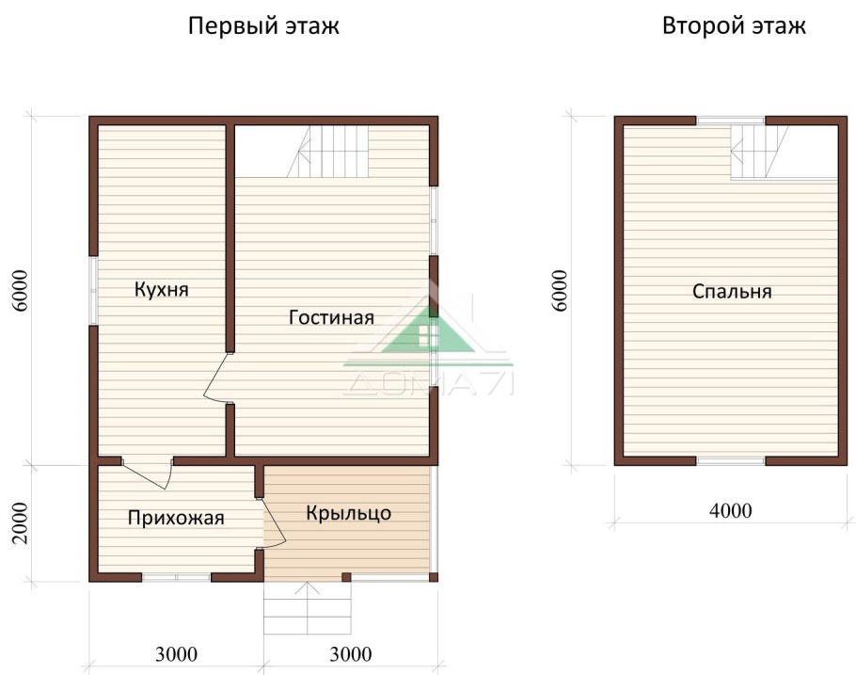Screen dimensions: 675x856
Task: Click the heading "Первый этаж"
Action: [263, 25]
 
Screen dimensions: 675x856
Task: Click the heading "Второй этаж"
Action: [734, 25]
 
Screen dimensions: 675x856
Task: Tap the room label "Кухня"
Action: [161, 289]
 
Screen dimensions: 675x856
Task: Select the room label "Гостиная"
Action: [331, 317]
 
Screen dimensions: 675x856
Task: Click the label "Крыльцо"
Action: [348, 513]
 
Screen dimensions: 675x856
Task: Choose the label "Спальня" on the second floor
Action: [732, 291]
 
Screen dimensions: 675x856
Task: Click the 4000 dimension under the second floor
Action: [730, 511]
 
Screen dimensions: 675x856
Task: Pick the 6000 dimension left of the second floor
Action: [561, 291]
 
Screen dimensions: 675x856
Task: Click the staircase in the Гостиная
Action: [333, 152]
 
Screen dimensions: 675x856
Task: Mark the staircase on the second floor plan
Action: [753, 152]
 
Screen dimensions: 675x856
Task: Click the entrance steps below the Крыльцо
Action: [307, 609]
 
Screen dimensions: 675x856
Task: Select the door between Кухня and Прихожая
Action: [148, 473]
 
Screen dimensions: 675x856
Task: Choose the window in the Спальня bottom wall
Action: [730, 461]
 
